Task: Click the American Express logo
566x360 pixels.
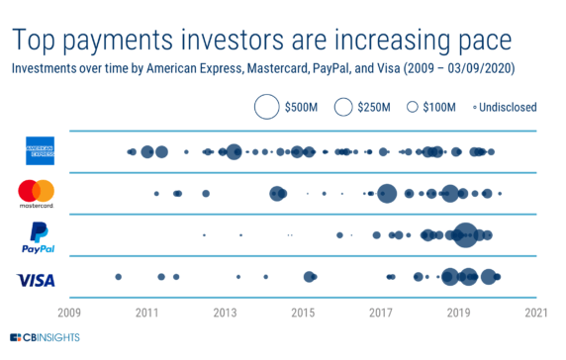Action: tap(41, 151)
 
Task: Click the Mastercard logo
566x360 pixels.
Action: tap(37, 194)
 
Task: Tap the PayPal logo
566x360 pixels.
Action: tap(40, 237)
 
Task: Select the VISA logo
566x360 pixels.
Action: tap(36, 280)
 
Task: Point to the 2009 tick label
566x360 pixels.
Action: tap(68, 314)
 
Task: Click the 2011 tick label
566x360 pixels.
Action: tap(146, 314)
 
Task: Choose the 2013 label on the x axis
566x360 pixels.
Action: tap(225, 314)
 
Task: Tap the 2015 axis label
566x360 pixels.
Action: tap(303, 314)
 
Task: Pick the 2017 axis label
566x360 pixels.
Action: tap(381, 314)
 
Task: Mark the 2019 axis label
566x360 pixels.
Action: tap(459, 314)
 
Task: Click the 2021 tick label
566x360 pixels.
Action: tap(536, 314)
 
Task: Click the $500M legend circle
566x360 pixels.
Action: tap(267, 106)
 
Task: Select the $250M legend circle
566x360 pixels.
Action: tap(344, 106)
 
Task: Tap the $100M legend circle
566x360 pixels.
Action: tap(413, 106)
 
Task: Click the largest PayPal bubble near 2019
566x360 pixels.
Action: tap(465, 235)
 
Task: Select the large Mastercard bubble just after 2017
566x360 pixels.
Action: tap(387, 193)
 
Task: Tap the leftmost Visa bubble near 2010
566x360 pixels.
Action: tap(119, 277)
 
